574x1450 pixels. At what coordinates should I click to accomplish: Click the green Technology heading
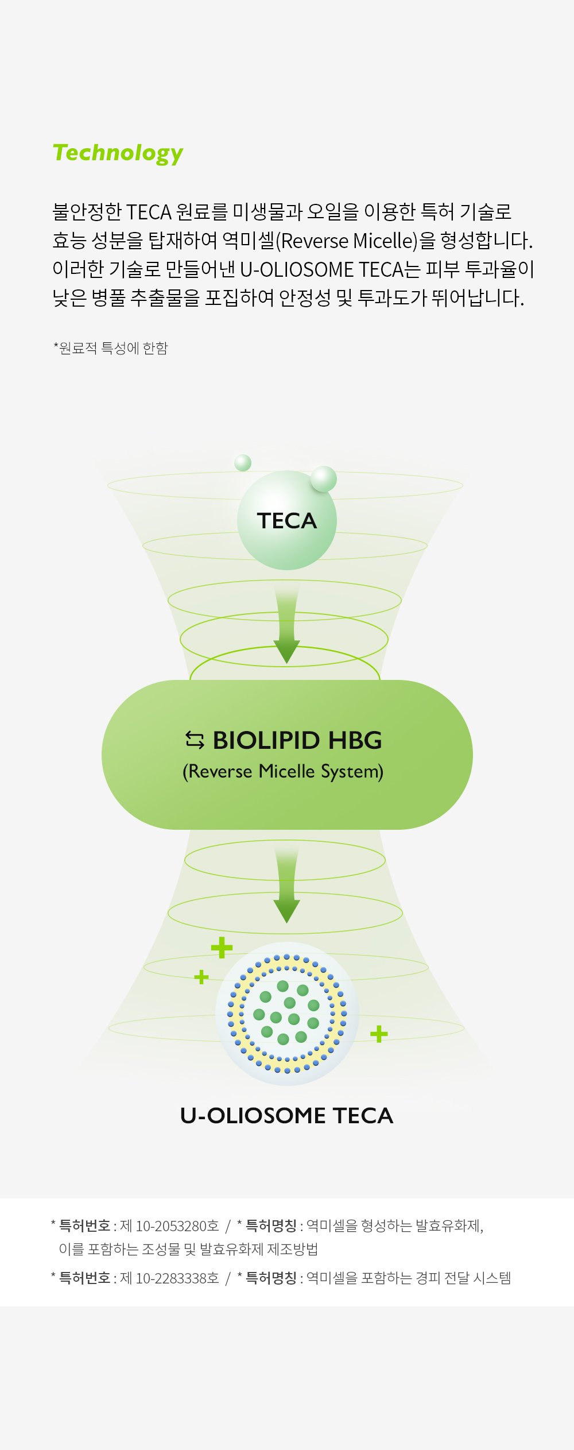[118, 154]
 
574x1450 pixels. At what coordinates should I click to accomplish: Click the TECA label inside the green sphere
[287, 521]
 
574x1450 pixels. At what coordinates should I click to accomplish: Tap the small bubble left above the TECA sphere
[243, 462]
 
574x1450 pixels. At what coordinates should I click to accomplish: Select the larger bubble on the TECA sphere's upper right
[323, 479]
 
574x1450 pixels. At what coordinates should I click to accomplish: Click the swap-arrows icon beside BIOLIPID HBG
[195, 740]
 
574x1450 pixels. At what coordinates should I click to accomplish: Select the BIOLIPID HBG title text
[297, 740]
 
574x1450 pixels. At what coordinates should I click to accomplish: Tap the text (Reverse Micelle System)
[283, 771]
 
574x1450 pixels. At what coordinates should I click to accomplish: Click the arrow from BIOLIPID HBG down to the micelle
[286, 885]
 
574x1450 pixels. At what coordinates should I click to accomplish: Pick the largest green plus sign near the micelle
[222, 948]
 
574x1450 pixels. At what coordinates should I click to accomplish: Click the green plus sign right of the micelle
[379, 1034]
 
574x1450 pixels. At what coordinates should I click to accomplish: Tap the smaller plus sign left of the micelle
[201, 976]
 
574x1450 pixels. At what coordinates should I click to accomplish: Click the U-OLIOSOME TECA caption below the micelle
[287, 1116]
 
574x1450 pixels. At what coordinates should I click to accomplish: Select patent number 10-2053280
[170, 1226]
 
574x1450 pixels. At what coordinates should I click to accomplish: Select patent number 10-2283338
[170, 1278]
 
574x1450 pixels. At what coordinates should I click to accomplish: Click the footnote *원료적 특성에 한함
[111, 348]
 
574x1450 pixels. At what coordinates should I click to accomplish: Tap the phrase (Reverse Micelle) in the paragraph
[347, 241]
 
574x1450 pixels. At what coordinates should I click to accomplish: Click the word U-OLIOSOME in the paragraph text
[297, 269]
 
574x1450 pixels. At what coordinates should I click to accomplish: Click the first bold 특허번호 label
[85, 1226]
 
